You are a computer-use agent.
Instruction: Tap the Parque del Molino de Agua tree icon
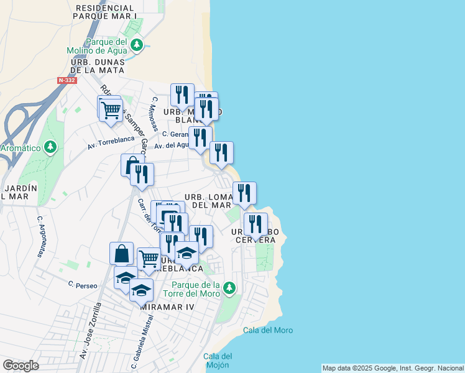[137, 45]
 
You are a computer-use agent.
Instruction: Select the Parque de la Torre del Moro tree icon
[229, 287]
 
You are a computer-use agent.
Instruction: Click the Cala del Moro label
[268, 330]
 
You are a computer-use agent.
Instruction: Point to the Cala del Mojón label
[218, 360]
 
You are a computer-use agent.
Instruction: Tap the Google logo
[21, 365]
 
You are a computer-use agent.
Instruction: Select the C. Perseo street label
[83, 285]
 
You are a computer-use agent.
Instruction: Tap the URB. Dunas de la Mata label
[98, 66]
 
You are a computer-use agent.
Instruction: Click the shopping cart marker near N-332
[111, 111]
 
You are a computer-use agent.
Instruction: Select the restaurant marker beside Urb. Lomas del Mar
[244, 193]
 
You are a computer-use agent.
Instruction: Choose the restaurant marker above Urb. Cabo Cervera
[256, 224]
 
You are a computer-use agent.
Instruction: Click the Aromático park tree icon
[51, 147]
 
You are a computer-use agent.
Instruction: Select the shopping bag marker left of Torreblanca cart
[121, 253]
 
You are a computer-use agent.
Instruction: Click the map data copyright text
[392, 368]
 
